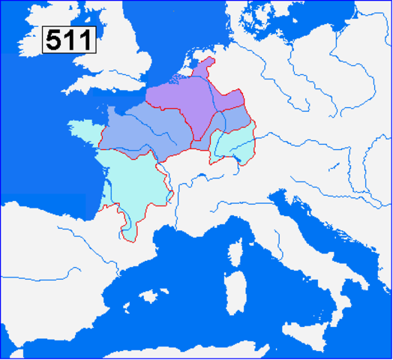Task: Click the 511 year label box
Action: pos(68,39)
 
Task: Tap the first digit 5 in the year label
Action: pos(53,39)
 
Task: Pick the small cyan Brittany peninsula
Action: pos(82,130)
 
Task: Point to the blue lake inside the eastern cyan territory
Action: pos(241,156)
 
